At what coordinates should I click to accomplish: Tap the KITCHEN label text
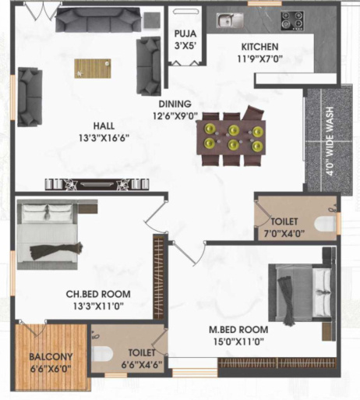259,47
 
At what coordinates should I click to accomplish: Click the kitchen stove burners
293,19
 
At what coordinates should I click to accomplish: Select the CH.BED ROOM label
98,295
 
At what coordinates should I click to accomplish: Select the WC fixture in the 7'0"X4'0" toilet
326,224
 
